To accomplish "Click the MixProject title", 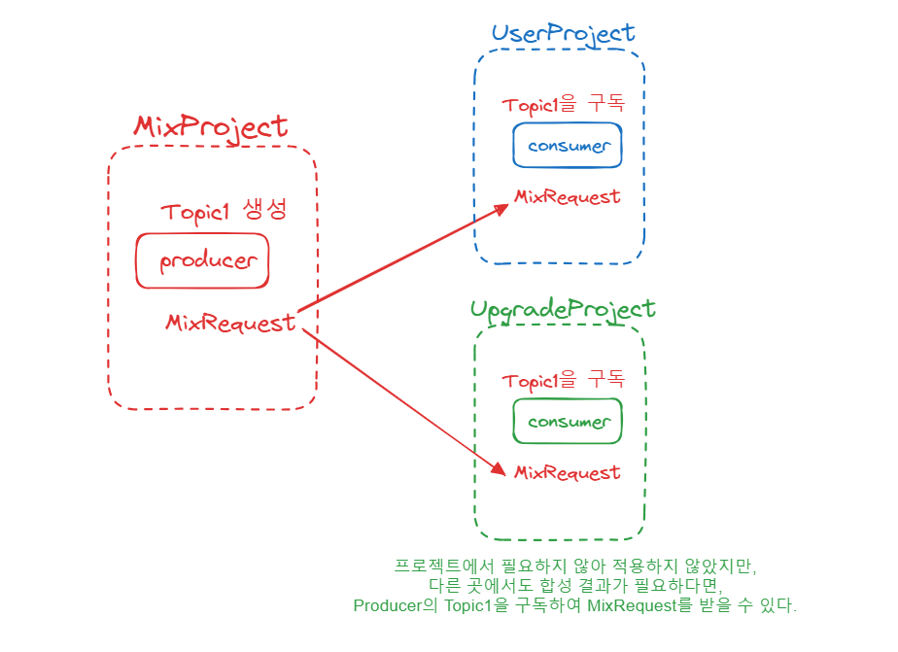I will [211, 126].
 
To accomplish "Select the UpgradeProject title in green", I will [563, 309].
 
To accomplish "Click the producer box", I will [202, 260].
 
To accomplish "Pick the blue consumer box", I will [568, 146].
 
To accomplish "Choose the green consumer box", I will [568, 422].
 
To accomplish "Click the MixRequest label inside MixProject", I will [230, 323].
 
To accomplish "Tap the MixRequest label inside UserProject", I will [567, 196].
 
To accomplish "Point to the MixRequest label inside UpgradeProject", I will [567, 472].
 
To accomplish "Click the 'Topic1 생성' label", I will [224, 213].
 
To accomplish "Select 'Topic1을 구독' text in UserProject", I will [563, 104].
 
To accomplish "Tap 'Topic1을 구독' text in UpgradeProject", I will [563, 380].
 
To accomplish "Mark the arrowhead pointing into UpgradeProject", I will [500, 467].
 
